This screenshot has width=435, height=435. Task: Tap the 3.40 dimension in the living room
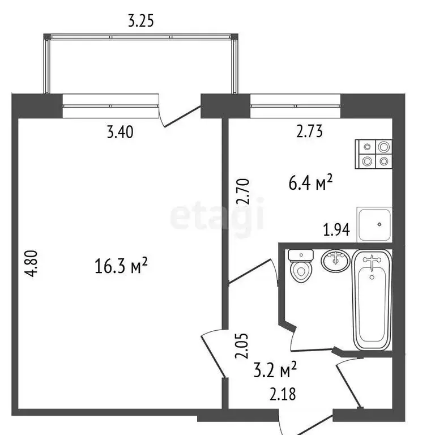coord(120,134)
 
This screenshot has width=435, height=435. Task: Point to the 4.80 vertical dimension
coord(35,263)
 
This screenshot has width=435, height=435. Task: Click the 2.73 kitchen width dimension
coord(309,133)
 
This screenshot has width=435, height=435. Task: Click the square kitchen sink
coord(374,225)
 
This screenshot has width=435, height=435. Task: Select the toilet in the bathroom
coord(300,266)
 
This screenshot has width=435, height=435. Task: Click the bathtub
coord(372,300)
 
